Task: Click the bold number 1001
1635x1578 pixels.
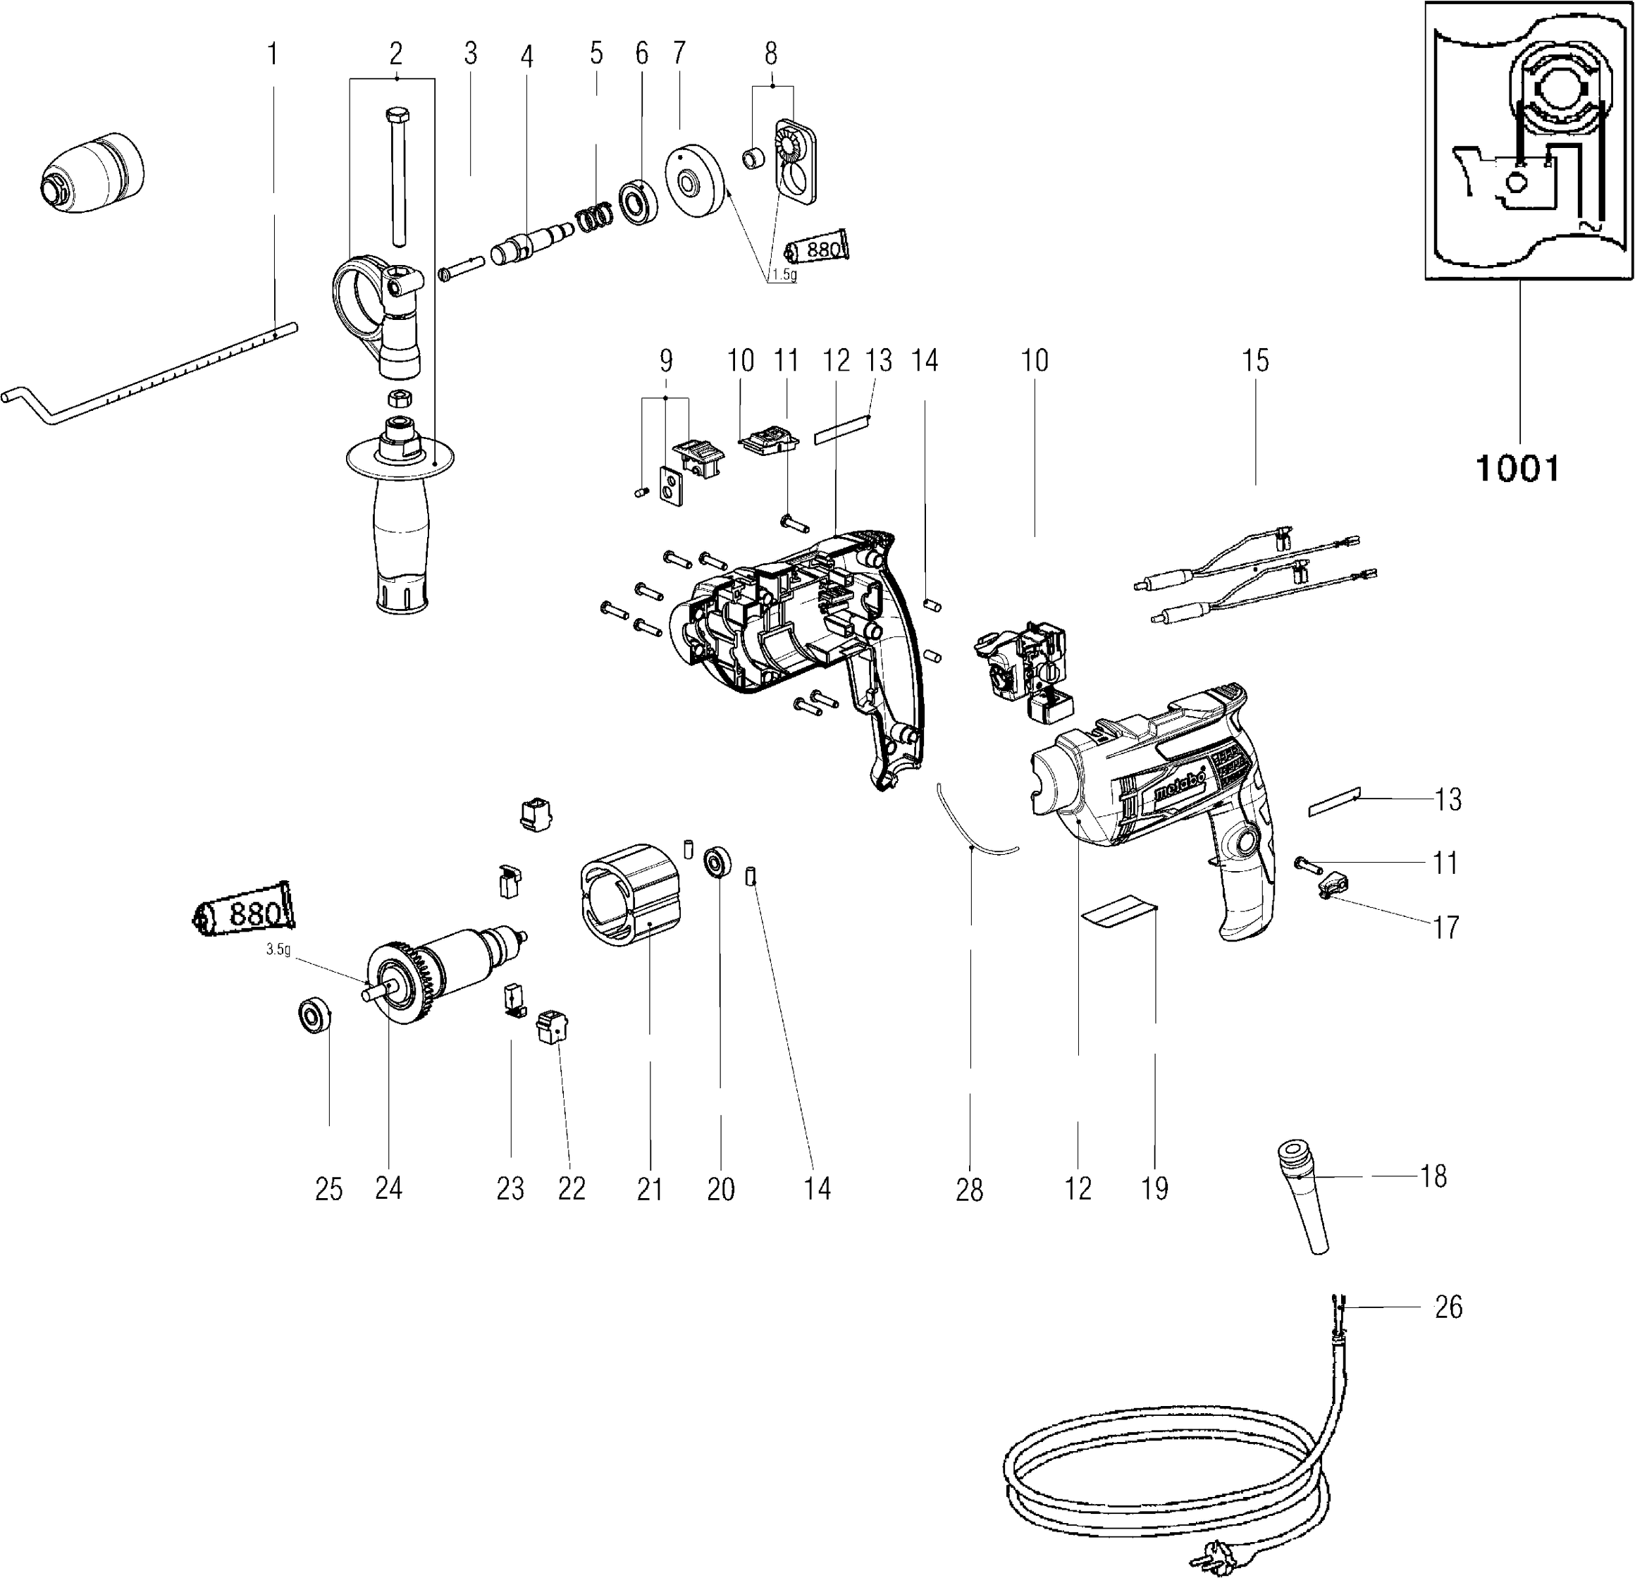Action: coord(1517,468)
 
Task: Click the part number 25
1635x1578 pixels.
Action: coord(328,1188)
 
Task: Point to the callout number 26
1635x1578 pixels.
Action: coord(1448,1307)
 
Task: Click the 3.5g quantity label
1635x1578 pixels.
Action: coord(278,949)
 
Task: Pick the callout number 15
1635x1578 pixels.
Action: coord(1254,360)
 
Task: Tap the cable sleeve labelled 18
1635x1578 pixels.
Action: coord(1303,1199)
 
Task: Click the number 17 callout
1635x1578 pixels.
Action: coord(1445,927)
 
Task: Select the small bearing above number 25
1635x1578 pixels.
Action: coord(315,1015)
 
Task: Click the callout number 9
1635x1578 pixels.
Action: coord(666,360)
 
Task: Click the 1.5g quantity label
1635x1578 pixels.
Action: coord(782,276)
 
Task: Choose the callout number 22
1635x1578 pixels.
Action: coord(572,1188)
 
